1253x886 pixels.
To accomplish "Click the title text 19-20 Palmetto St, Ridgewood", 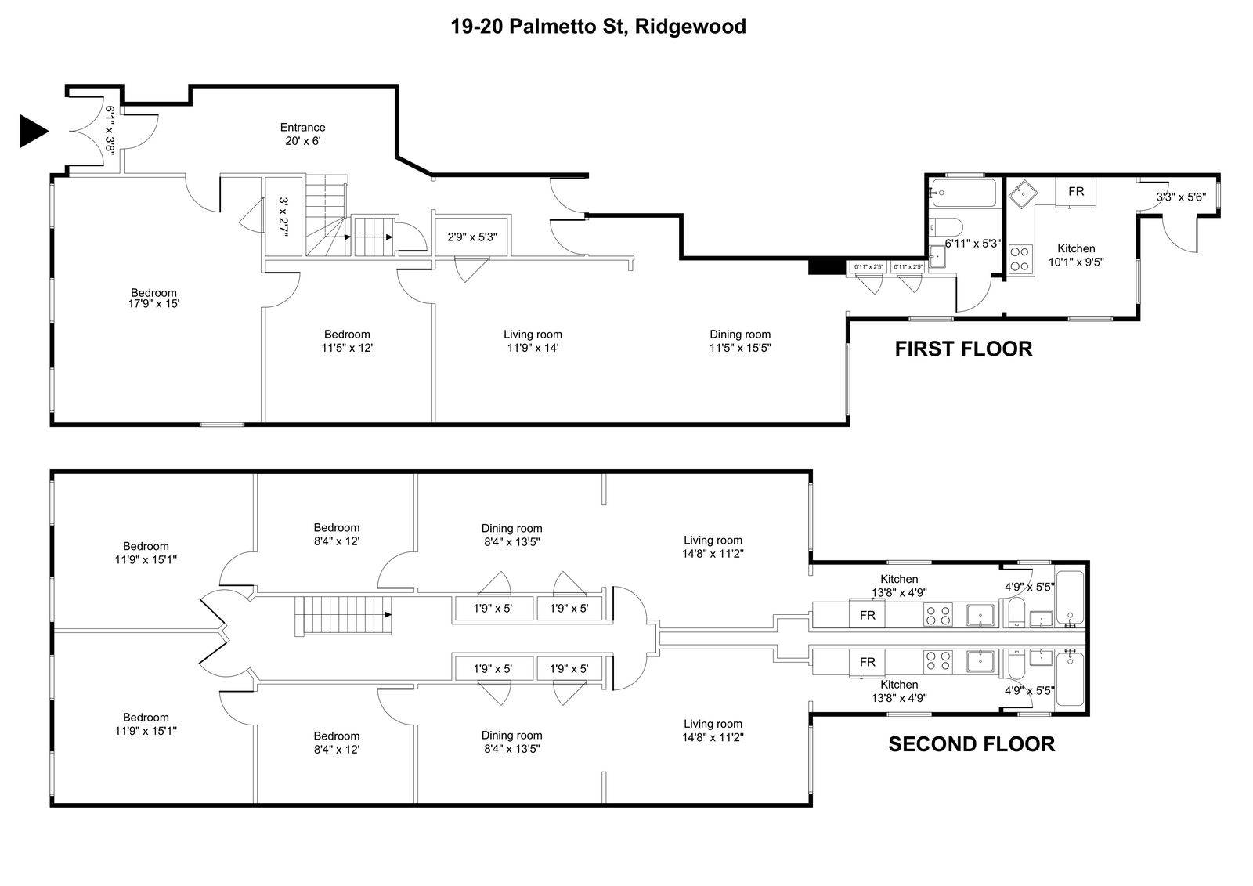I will click(598, 27).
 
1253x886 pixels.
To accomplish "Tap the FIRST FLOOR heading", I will click(963, 349).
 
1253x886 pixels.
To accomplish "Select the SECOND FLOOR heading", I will click(971, 743).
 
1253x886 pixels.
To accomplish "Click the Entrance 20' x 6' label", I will click(303, 134).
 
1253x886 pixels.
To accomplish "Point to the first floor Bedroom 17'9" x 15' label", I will click(153, 298).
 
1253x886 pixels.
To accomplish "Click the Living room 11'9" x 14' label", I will click(533, 341).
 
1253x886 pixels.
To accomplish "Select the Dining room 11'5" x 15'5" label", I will click(740, 341).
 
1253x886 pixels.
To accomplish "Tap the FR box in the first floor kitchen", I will click(1075, 191).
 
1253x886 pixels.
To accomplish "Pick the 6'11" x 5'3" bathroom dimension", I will click(973, 243).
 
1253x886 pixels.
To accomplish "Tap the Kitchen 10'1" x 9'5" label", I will click(1075, 255).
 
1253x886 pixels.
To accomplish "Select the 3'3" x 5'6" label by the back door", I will click(1181, 197).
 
